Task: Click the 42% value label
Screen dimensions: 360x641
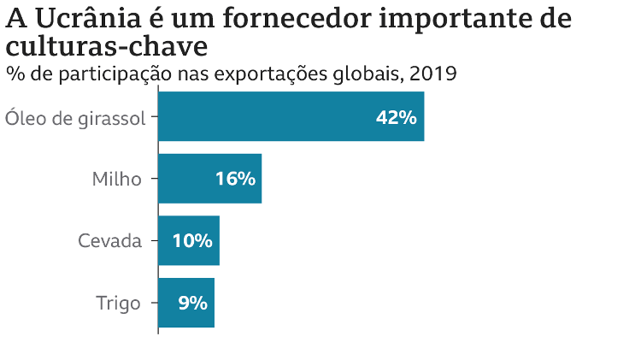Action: click(x=396, y=117)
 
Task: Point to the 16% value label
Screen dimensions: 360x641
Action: click(x=235, y=179)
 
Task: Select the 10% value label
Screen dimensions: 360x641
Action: click(x=192, y=240)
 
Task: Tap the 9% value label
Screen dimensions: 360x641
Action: click(x=192, y=302)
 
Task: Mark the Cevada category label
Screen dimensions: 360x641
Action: click(x=109, y=240)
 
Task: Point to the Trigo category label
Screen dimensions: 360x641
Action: click(x=118, y=302)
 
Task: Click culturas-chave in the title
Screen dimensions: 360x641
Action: click(x=106, y=45)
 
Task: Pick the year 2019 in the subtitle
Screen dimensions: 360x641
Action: click(x=433, y=74)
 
